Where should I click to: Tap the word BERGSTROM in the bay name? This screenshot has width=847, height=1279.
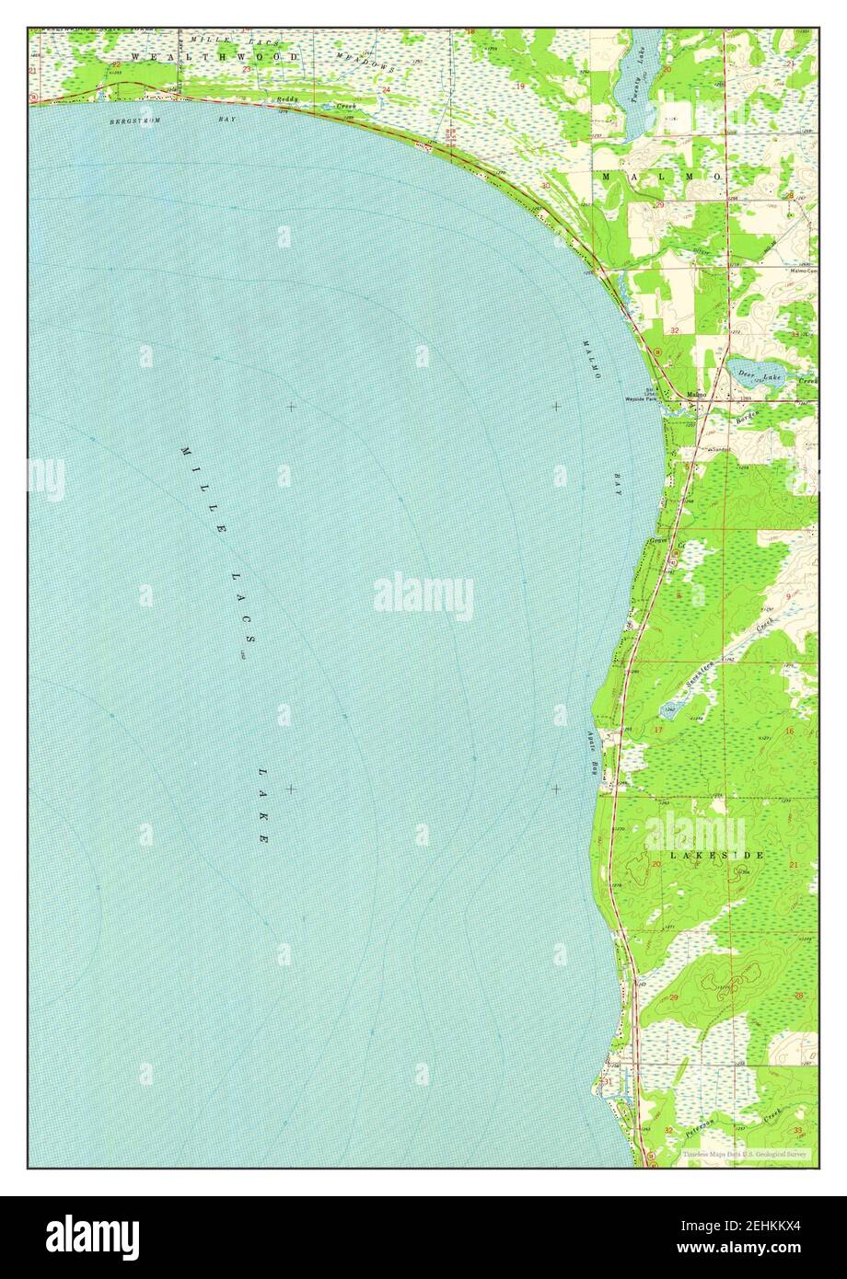129,121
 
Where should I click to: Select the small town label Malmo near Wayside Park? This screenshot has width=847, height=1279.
698,396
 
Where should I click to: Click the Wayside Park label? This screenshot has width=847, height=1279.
641,399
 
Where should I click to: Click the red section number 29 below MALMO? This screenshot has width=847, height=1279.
659,205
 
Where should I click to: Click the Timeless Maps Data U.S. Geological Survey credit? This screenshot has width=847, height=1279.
745,1153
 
